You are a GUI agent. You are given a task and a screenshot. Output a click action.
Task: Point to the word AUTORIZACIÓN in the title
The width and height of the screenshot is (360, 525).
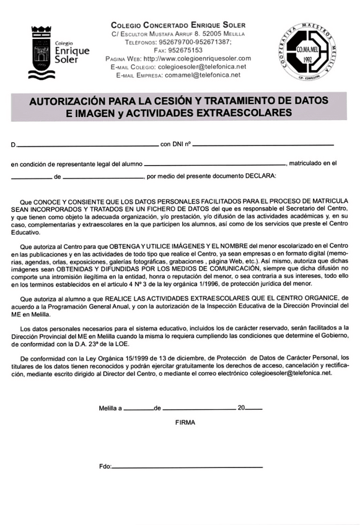click(x=69, y=100)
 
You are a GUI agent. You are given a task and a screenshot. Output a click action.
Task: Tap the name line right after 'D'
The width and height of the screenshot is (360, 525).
click(x=87, y=145)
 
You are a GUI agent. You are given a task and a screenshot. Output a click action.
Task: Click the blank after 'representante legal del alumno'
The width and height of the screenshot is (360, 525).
click(x=214, y=164)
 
